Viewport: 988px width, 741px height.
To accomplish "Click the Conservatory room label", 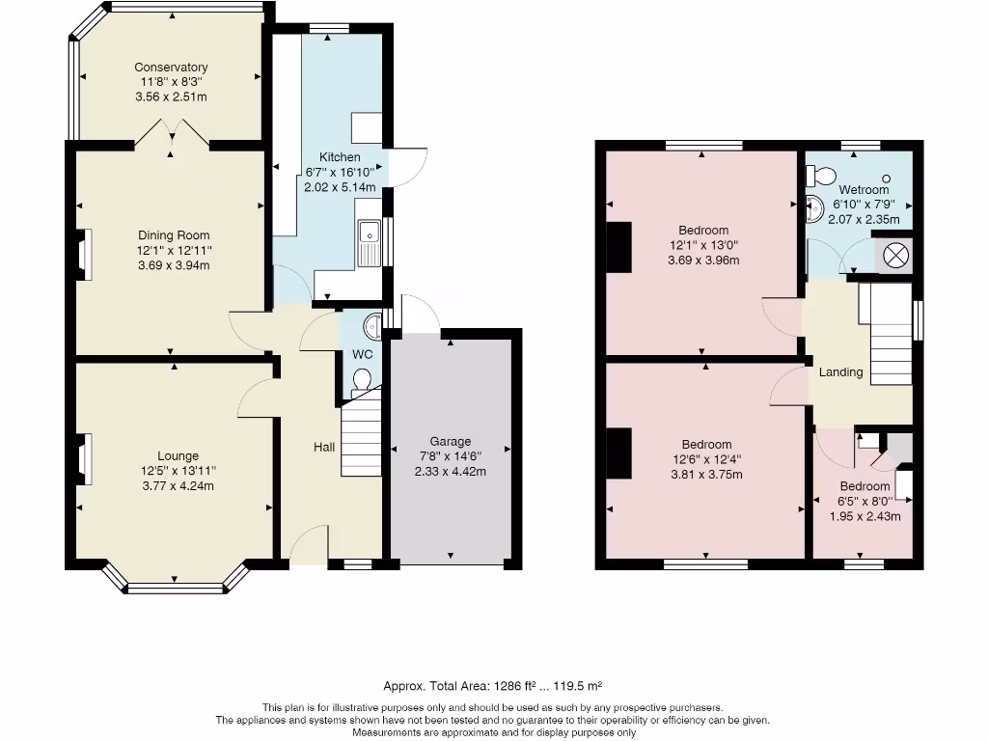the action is click(171, 68).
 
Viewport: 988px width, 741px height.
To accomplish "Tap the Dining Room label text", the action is click(174, 235).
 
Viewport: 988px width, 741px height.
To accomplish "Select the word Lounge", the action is click(178, 456).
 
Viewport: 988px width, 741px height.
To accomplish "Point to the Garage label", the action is click(451, 442).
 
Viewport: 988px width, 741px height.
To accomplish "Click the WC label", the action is click(363, 355).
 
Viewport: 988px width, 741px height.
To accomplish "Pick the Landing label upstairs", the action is click(841, 372).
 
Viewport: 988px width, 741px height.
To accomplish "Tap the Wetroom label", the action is click(864, 190).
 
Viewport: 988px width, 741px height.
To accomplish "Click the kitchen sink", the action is click(369, 242).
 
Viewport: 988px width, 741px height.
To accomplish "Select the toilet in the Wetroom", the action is click(820, 175).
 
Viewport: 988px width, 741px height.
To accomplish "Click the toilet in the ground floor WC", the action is click(362, 380).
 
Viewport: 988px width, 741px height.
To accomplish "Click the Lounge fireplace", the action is click(84, 459).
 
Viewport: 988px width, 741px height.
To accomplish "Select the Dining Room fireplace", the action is click(84, 255).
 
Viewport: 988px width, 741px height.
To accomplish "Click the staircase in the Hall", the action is click(361, 433).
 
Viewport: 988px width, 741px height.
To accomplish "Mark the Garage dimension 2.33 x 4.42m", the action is click(451, 472).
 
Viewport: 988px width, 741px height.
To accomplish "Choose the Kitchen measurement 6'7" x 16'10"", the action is click(341, 172).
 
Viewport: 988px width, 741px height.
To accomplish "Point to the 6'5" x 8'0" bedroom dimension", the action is click(864, 502).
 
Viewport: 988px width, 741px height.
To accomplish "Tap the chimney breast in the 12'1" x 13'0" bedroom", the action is click(619, 247).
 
